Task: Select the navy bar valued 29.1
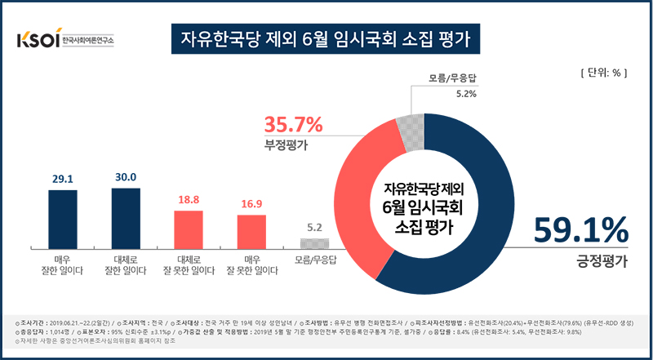[x=63, y=217]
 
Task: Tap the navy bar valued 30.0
[x=126, y=216]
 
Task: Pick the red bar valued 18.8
[x=189, y=228]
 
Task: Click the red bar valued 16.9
[x=252, y=230]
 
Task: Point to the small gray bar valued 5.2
[x=315, y=242]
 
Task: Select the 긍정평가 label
[x=598, y=261]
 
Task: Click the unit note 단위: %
[x=602, y=72]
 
